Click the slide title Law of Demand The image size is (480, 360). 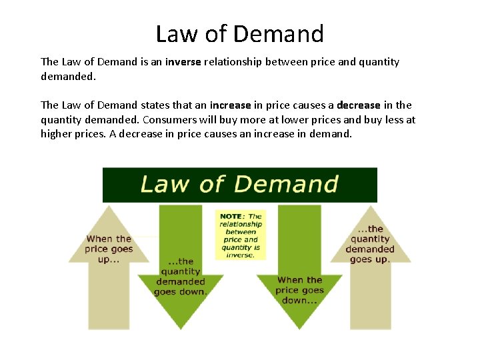click(239, 33)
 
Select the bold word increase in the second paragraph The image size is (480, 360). click(230, 105)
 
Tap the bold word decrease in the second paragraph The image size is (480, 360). click(358, 105)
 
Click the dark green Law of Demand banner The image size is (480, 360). click(239, 185)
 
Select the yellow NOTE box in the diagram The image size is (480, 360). click(241, 235)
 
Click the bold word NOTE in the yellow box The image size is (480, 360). click(231, 217)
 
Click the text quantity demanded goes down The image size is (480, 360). click(181, 277)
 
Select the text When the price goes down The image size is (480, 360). click(299, 290)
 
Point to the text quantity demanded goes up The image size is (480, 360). click(370, 244)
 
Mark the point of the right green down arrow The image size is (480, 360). click(299, 329)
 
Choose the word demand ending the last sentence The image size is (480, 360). click(331, 133)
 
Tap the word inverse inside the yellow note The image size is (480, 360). click(241, 255)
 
